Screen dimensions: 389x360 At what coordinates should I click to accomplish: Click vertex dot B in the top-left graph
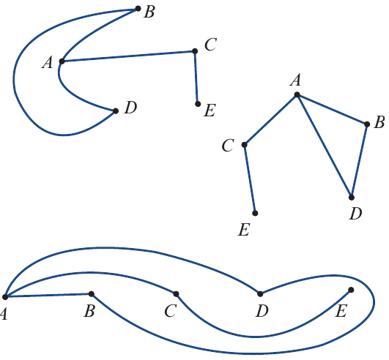tap(138, 9)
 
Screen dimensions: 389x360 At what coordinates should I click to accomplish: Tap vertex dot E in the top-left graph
tap(198, 104)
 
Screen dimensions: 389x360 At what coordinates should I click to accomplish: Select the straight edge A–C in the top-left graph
tap(128, 56)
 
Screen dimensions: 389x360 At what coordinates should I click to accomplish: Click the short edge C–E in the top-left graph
tap(196, 78)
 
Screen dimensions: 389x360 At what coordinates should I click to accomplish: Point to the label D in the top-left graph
tap(130, 108)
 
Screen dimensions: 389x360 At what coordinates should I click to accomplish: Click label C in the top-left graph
tap(211, 45)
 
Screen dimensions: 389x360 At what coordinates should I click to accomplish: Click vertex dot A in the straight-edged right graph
tap(297, 94)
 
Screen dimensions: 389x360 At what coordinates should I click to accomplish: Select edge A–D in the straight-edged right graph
tap(325, 146)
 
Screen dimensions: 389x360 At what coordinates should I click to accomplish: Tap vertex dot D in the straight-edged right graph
tap(352, 198)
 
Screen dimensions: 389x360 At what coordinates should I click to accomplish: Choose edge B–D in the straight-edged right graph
tap(359, 161)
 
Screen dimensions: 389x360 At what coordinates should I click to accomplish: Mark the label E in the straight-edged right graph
tap(244, 230)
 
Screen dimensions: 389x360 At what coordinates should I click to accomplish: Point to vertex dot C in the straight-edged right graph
tap(245, 145)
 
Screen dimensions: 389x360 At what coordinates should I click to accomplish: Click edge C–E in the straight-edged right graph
tap(250, 179)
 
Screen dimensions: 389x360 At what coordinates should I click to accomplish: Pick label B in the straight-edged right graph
tap(379, 122)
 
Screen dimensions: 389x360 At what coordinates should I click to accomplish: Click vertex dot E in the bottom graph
tap(351, 290)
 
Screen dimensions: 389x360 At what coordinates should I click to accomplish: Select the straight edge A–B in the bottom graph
tap(48, 296)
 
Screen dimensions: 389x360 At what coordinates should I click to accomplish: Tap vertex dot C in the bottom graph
tap(176, 294)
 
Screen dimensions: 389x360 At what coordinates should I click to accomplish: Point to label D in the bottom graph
tap(262, 311)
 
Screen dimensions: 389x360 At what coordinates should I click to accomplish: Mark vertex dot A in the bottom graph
tap(5, 296)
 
